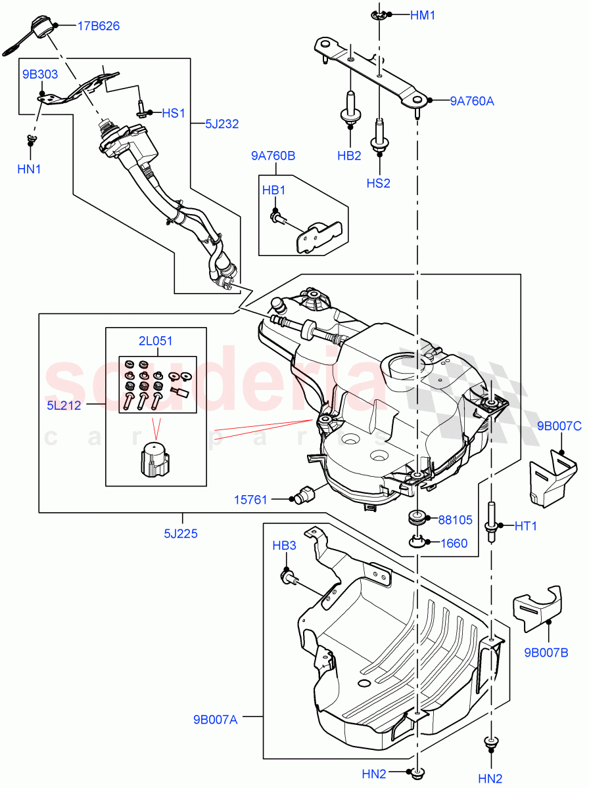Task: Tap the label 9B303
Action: pyautogui.click(x=40, y=75)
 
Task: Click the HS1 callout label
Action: pyautogui.click(x=174, y=113)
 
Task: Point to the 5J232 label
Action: pyautogui.click(x=221, y=123)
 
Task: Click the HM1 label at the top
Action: pyautogui.click(x=423, y=14)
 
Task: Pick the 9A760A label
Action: pyautogui.click(x=472, y=101)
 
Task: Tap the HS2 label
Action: pyautogui.click(x=378, y=183)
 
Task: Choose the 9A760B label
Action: pyautogui.click(x=273, y=156)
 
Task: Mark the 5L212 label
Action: pyautogui.click(x=64, y=405)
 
